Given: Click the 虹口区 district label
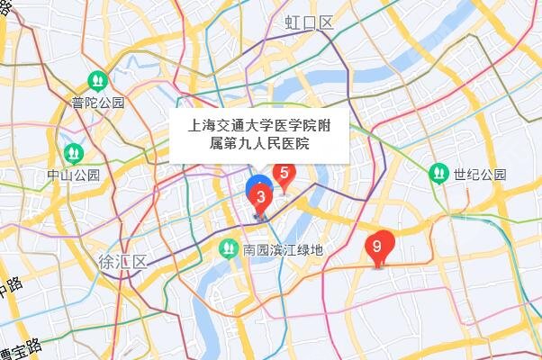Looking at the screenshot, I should coord(309,23).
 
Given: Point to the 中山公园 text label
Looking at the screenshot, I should coord(74,174).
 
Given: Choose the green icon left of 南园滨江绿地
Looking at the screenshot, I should coord(229,247).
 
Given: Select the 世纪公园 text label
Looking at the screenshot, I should coord(480,174).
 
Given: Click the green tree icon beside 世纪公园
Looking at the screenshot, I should coord(439,172).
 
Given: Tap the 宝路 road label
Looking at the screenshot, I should coord(23,347).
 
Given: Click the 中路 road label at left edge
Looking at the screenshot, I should coord(9,293).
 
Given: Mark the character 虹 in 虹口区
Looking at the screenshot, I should coord(293,23).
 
